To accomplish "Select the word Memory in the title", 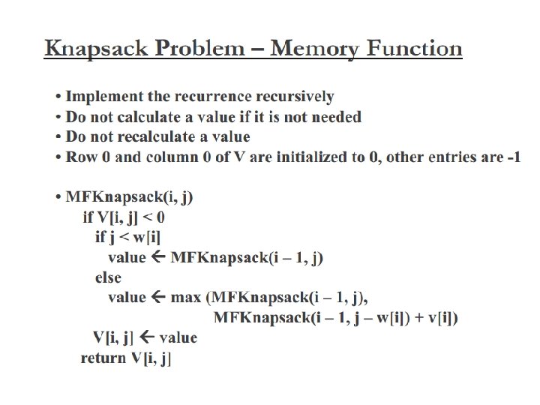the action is tap(313, 49).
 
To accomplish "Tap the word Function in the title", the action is tap(413, 47).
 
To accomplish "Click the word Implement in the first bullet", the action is tap(104, 97).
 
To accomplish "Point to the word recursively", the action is tap(295, 97).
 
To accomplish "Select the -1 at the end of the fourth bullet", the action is tap(514, 157).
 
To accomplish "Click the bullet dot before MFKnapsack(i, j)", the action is tap(58, 197).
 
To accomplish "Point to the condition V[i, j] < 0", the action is tap(131, 217).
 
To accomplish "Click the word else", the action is tap(108, 277).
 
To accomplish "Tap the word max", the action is tap(186, 298).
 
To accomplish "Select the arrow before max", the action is tap(158, 296).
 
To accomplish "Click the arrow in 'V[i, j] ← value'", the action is tap(148, 337).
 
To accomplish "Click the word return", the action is tap(103, 358).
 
